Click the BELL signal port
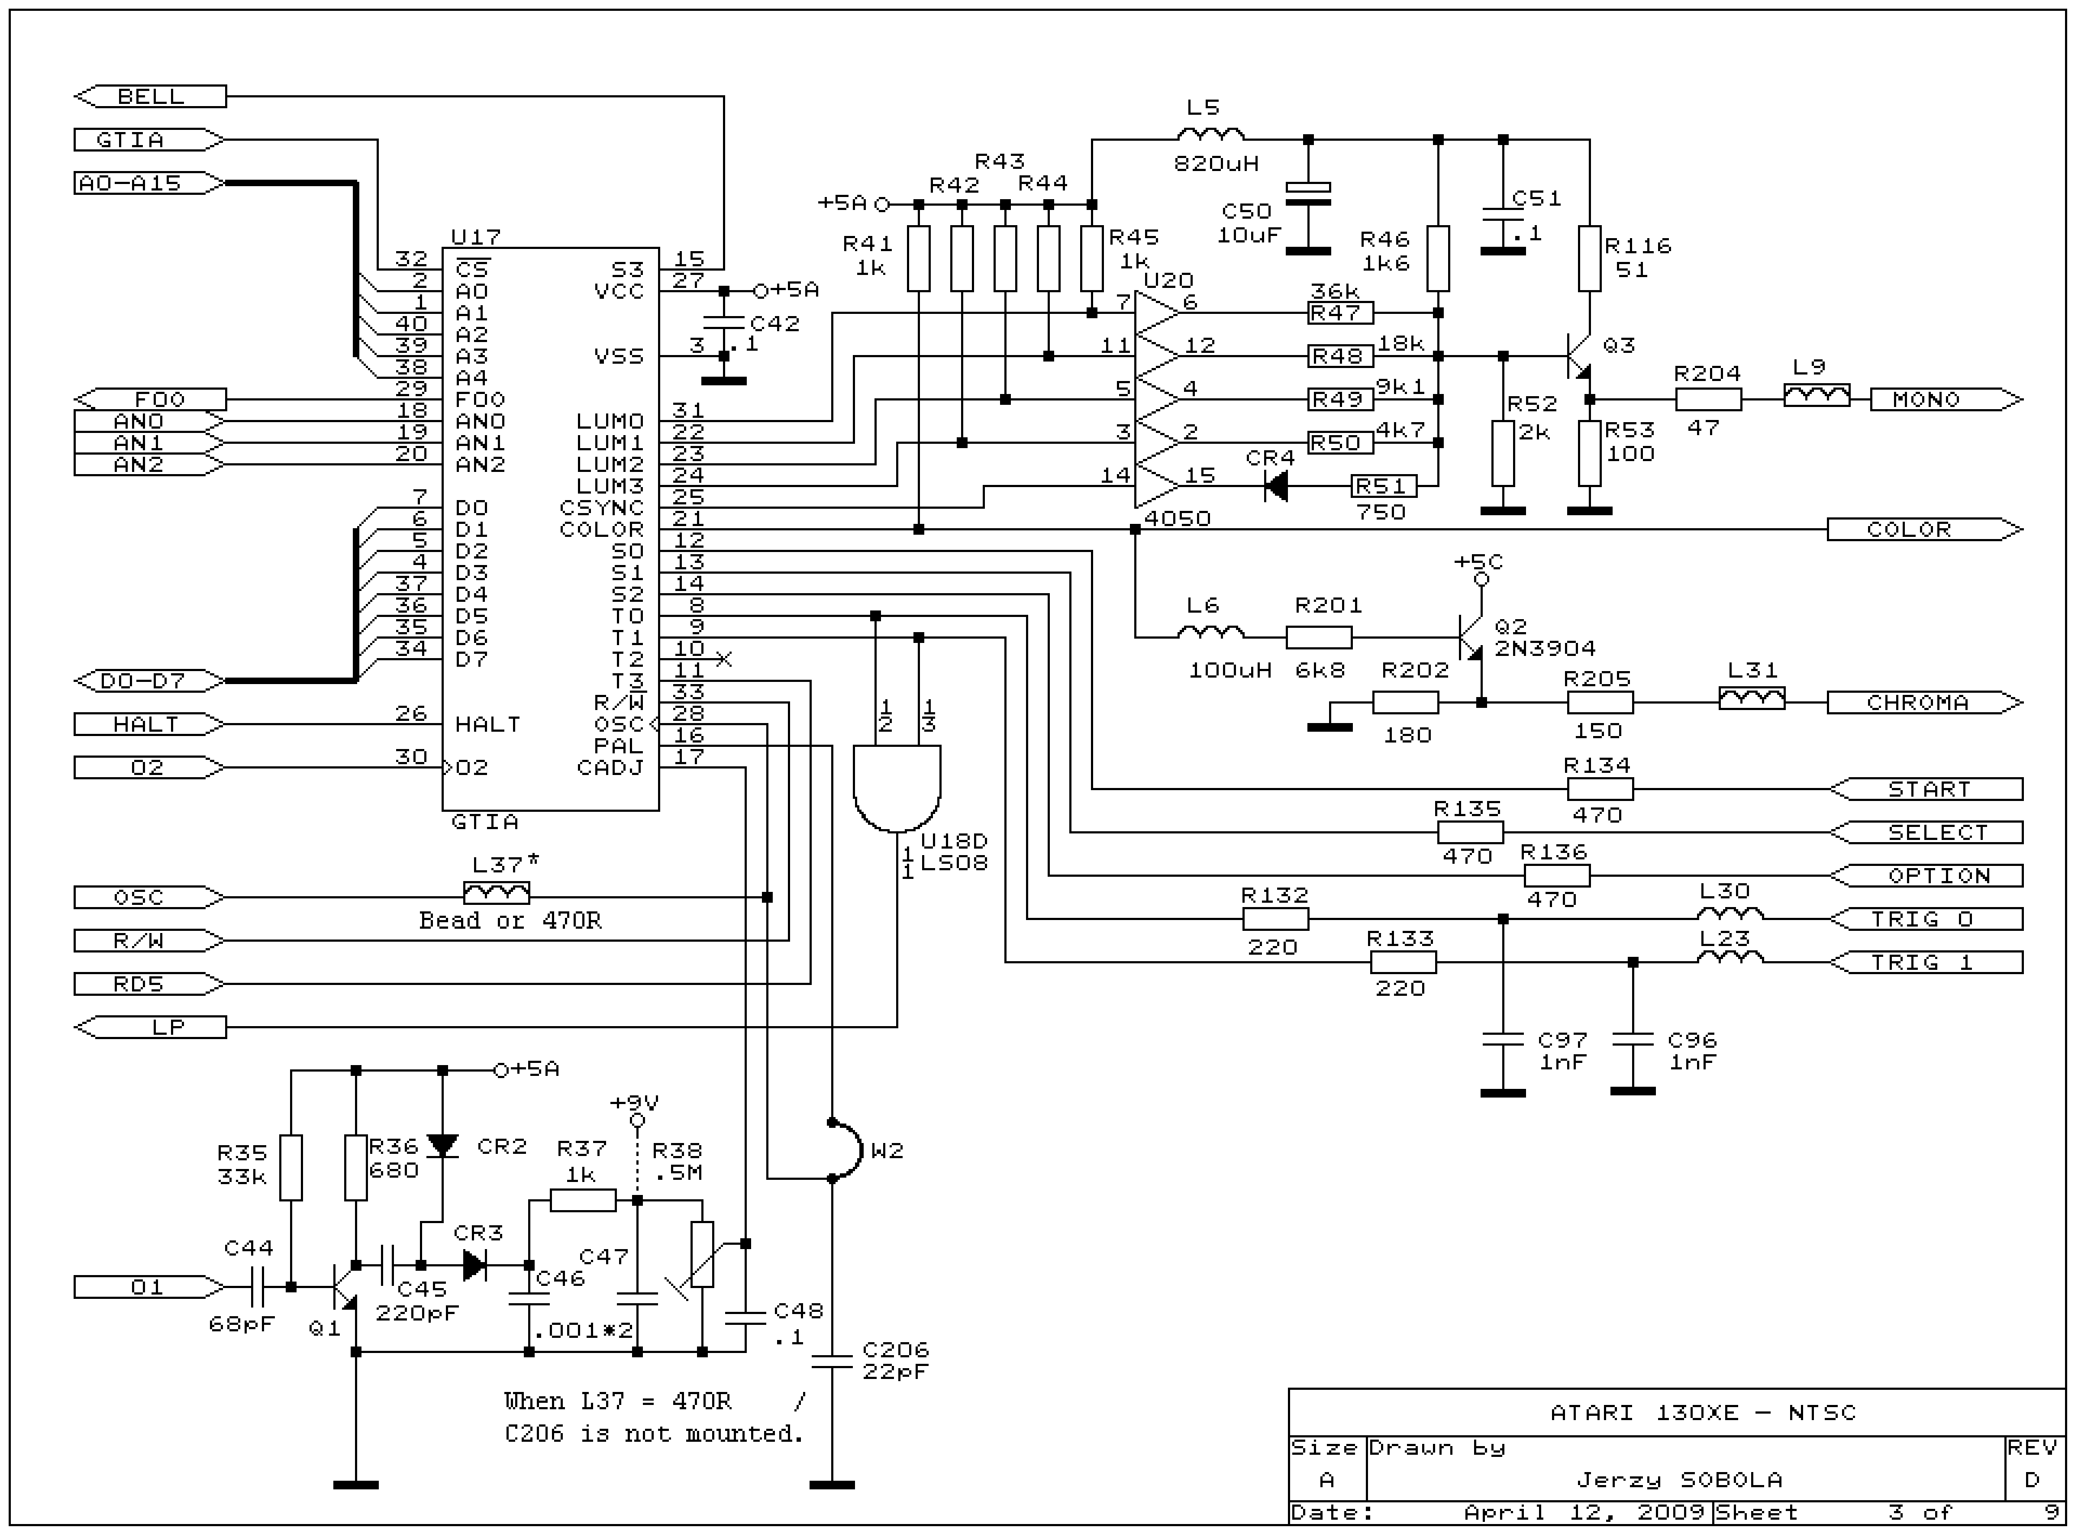pos(150,96)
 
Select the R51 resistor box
pos(1383,485)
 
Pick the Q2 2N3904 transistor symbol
pos(1471,638)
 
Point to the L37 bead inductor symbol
pos(497,893)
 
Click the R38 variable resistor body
pos(702,1254)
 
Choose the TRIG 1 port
pos(1925,962)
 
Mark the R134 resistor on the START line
pos(1599,789)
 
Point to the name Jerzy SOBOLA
pos(1679,1479)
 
